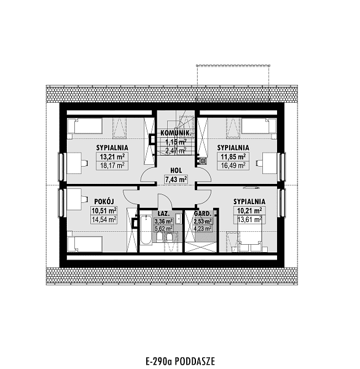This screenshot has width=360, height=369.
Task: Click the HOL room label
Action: click(176, 170)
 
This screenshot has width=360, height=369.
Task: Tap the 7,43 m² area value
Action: click(176, 180)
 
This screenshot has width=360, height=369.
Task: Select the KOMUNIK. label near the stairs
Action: click(176, 133)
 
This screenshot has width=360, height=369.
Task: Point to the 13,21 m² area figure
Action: click(112, 156)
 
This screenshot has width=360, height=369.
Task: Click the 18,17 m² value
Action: click(112, 165)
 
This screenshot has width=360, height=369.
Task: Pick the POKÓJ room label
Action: click(104, 202)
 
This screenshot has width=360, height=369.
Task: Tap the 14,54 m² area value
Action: click(104, 220)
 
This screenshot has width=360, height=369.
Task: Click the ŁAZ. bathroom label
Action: click(163, 213)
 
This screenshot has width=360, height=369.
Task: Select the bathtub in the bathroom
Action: click(146, 230)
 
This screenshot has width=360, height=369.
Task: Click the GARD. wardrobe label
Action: click(203, 213)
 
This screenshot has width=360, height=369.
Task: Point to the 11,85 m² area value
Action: click(233, 156)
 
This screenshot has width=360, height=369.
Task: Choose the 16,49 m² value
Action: click(233, 165)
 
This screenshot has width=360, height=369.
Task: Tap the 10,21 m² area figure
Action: click(249, 210)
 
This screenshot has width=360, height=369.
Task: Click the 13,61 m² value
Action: click(249, 220)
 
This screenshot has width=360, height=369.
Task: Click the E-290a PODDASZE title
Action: click(180, 361)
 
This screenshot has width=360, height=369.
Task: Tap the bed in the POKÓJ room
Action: click(85, 244)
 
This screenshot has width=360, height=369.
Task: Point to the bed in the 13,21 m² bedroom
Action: click(85, 125)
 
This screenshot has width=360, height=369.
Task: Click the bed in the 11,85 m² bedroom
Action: click(259, 125)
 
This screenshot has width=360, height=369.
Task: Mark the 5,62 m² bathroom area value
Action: click(163, 228)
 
